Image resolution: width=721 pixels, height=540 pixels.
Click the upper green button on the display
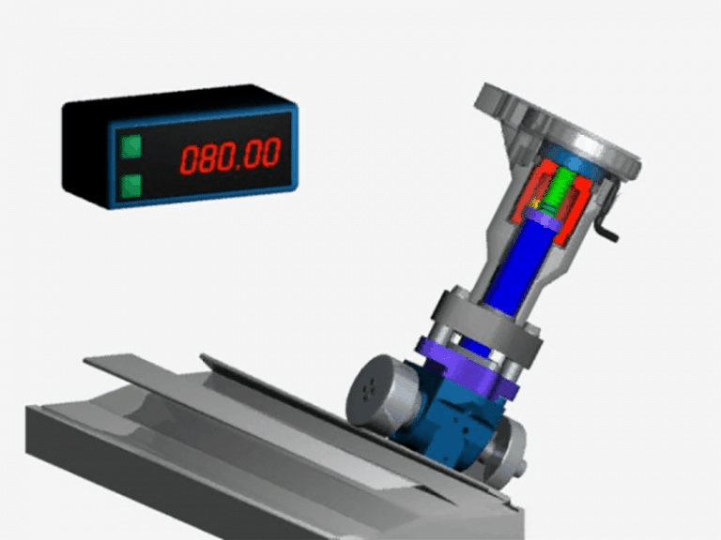pyautogui.click(x=130, y=145)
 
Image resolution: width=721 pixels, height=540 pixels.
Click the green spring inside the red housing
pyautogui.click(x=564, y=188)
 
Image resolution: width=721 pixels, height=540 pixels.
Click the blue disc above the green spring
pyautogui.click(x=574, y=157)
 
